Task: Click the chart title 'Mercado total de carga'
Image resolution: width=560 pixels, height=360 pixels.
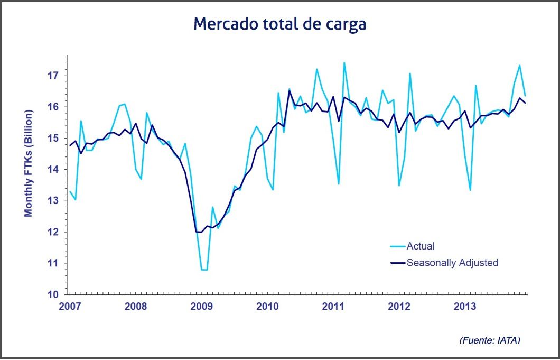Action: (279, 24)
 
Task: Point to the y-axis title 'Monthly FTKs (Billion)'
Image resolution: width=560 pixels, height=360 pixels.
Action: (29, 163)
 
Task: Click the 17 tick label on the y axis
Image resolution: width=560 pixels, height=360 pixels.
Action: (53, 76)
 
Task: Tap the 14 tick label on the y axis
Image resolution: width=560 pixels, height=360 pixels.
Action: (53, 170)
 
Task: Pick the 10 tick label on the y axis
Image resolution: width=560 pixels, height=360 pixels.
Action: (53, 294)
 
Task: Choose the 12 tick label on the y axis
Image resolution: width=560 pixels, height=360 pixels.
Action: (53, 232)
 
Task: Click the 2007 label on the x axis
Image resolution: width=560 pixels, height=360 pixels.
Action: (70, 307)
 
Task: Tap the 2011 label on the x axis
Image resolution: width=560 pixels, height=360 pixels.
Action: (333, 307)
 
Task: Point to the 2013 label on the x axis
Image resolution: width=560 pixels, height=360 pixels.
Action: (465, 307)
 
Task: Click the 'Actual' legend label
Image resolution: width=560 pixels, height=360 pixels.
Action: (421, 246)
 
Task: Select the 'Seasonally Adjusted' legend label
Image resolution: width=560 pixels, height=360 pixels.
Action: (452, 262)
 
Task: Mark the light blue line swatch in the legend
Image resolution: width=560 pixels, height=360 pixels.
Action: (397, 246)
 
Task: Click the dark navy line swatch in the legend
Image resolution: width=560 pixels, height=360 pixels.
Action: (397, 262)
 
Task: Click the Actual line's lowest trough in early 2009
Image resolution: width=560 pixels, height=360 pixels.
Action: (204, 270)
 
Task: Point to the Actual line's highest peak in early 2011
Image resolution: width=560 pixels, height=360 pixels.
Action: (344, 62)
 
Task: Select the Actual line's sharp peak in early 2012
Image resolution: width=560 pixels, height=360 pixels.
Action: (410, 73)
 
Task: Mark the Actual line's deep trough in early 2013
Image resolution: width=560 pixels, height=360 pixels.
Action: (470, 190)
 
